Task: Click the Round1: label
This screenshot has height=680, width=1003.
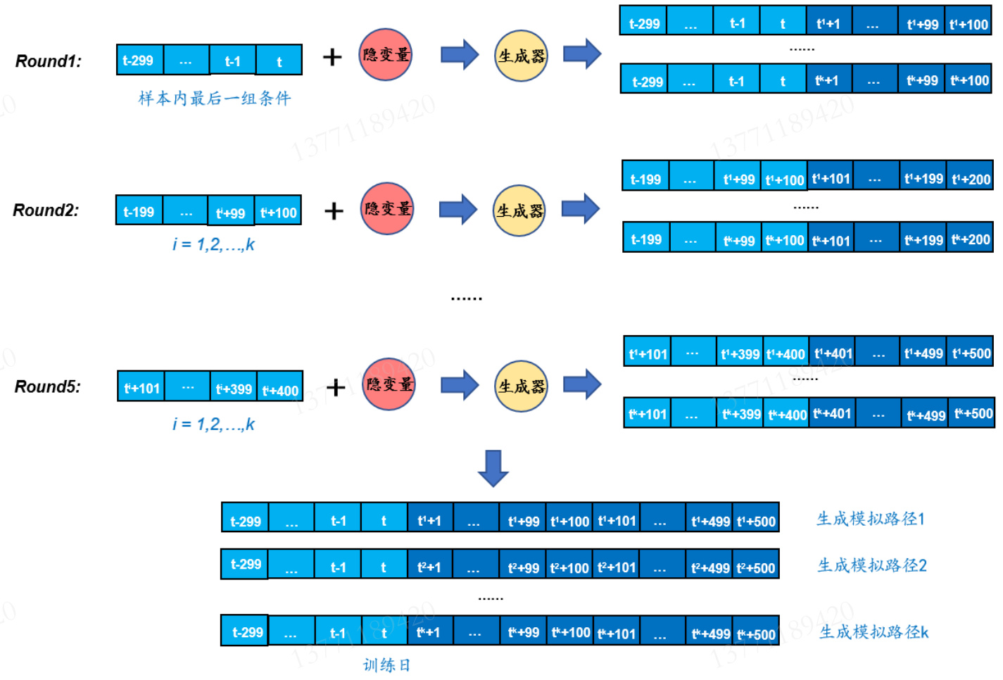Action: pyautogui.click(x=49, y=61)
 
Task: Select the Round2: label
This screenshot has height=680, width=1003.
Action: pyautogui.click(x=46, y=210)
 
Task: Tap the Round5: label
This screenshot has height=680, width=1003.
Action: pyautogui.click(x=48, y=386)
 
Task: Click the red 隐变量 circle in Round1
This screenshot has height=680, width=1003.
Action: pyautogui.click(x=386, y=55)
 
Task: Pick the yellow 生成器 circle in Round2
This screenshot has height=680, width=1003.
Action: pyautogui.click(x=520, y=210)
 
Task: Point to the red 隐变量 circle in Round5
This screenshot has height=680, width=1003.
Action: pyautogui.click(x=389, y=384)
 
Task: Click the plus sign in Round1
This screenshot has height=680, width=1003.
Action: pyautogui.click(x=332, y=57)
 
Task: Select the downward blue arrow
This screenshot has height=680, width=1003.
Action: pyautogui.click(x=493, y=468)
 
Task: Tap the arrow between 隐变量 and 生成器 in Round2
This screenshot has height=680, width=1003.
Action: pyautogui.click(x=458, y=210)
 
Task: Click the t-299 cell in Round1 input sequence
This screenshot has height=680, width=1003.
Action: pyautogui.click(x=139, y=61)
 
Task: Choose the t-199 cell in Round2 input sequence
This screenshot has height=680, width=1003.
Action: pyautogui.click(x=139, y=211)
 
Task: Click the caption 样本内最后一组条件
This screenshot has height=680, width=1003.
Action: pyautogui.click(x=215, y=99)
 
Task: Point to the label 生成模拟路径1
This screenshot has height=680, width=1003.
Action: pyautogui.click(x=871, y=520)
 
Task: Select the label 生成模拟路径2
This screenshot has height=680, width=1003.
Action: pyautogui.click(x=872, y=565)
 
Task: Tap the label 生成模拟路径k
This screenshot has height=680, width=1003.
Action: pyautogui.click(x=873, y=631)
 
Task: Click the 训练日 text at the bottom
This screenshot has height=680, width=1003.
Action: pyautogui.click(x=386, y=665)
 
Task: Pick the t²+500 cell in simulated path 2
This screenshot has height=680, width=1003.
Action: pyautogui.click(x=756, y=567)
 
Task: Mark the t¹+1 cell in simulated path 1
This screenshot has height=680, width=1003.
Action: pyautogui.click(x=429, y=521)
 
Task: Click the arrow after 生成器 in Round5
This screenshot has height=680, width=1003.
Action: pyautogui.click(x=582, y=384)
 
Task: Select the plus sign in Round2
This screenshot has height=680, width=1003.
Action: pyautogui.click(x=334, y=210)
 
